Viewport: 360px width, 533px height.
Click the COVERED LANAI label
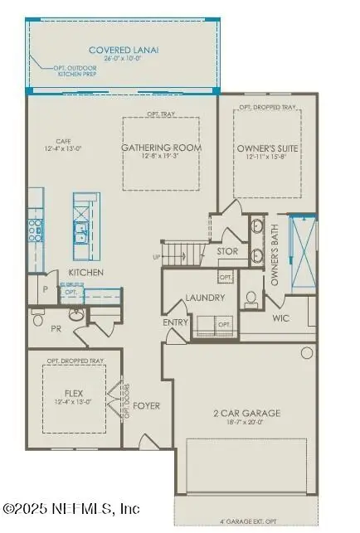point(124,51)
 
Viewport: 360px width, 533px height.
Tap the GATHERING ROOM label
point(161,148)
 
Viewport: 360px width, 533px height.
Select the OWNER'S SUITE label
point(267,148)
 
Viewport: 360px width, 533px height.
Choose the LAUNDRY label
point(201,296)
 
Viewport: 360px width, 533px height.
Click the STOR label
point(228,251)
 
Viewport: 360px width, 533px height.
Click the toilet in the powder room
point(37,317)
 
